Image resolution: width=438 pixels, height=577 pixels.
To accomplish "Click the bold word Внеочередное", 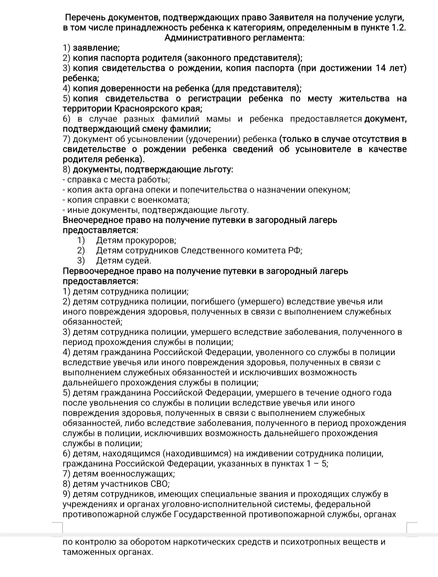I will click(x=92, y=220).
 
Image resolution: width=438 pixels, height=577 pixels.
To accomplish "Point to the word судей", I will click(x=138, y=261).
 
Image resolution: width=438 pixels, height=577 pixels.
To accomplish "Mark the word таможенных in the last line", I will click(x=86, y=552).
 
